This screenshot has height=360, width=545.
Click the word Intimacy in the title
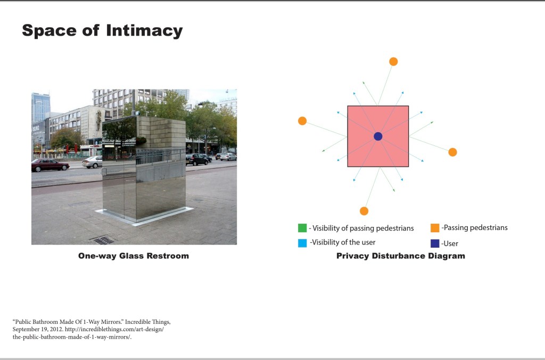[x=144, y=30]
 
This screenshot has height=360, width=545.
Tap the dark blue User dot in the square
[x=378, y=136]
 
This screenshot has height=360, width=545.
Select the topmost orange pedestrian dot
[x=393, y=62]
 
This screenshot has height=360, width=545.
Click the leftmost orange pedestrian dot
[x=302, y=121]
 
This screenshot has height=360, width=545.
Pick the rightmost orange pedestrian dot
[x=452, y=152]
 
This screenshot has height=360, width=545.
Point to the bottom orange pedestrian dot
[x=364, y=211]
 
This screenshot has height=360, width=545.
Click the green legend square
[x=302, y=228]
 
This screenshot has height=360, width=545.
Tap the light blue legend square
[x=302, y=243]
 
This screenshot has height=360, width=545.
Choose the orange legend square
[x=435, y=228]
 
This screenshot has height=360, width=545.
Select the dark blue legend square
[x=435, y=243]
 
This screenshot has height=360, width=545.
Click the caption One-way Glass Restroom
[x=134, y=256]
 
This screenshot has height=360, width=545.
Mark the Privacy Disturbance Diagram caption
[x=401, y=256]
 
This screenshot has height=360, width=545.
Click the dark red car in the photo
[x=51, y=165]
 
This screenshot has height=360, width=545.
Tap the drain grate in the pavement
[x=102, y=240]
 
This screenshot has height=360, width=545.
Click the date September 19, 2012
[x=38, y=330]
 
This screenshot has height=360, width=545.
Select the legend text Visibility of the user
[x=343, y=242]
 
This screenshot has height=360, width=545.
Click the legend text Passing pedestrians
[x=475, y=228]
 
